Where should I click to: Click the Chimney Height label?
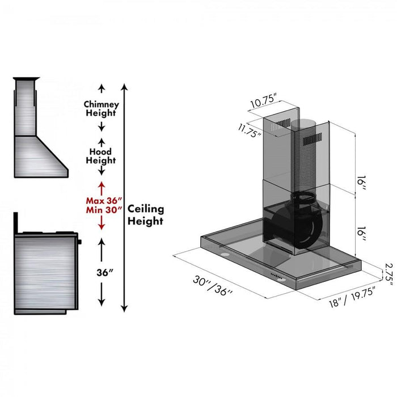(x=101, y=109)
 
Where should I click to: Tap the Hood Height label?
(x=101, y=156)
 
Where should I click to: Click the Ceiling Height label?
(x=146, y=214)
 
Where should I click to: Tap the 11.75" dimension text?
(x=250, y=131)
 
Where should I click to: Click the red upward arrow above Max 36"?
(x=102, y=188)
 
